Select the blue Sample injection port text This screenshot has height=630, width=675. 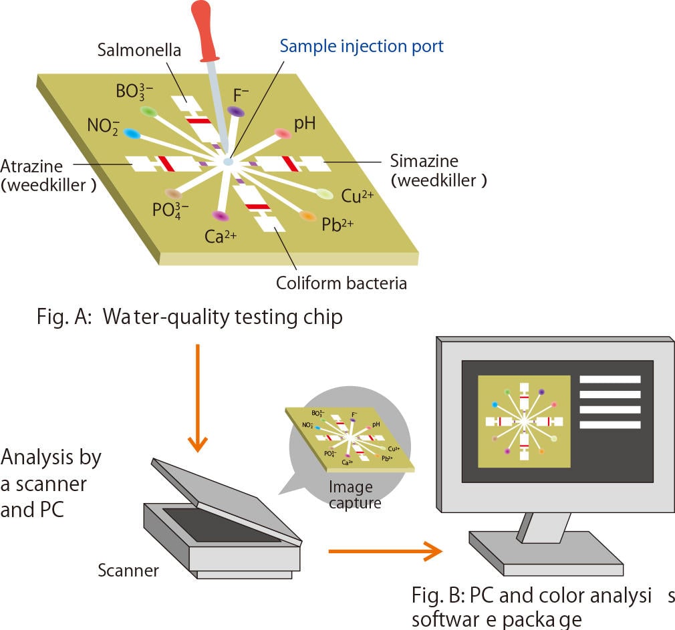click(x=361, y=46)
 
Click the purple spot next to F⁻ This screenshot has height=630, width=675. click(x=235, y=111)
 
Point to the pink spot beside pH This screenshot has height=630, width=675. click(x=283, y=134)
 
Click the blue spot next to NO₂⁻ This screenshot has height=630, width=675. click(x=132, y=134)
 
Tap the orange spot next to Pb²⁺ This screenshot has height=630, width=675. click(x=307, y=216)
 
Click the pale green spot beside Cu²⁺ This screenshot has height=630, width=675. click(x=324, y=194)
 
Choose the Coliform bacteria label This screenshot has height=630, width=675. click(x=341, y=283)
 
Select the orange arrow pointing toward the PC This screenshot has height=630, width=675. click(x=385, y=551)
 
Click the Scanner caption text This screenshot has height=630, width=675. click(x=128, y=571)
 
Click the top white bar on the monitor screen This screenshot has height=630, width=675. click(x=610, y=379)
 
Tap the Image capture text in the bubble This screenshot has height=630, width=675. click(x=351, y=494)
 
